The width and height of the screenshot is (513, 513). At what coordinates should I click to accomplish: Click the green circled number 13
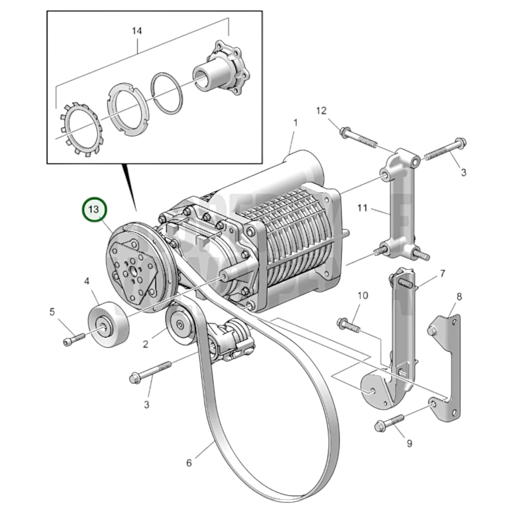(94, 209)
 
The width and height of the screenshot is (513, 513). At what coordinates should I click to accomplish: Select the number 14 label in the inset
(137, 31)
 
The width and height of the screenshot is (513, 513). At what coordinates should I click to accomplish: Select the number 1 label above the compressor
(295, 123)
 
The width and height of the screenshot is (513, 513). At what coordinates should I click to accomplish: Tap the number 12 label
(321, 111)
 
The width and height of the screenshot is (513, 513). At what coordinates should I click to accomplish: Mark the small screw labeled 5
(74, 338)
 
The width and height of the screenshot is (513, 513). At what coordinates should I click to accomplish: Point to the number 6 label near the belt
(189, 463)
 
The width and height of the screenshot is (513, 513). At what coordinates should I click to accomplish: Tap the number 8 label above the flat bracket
(459, 296)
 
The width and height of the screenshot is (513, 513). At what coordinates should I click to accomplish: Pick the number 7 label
(442, 274)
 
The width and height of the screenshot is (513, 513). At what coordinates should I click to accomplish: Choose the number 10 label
(362, 295)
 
